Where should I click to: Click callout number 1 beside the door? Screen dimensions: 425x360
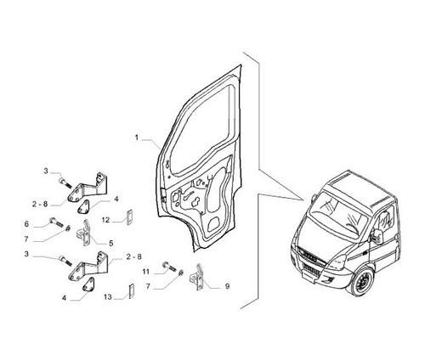[x=137, y=138]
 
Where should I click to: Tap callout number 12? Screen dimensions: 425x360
[x=105, y=220]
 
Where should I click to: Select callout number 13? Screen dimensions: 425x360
[x=108, y=297]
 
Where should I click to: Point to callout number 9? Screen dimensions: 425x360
[x=227, y=286]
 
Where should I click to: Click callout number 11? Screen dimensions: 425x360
[x=145, y=272]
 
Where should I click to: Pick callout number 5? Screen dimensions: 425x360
[x=111, y=243]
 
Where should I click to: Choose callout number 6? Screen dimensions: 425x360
[x=26, y=224]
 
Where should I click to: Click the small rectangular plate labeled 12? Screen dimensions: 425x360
[x=130, y=217]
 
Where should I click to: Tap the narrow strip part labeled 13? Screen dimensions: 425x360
[x=132, y=291]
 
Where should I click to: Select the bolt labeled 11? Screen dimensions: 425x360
[x=169, y=267]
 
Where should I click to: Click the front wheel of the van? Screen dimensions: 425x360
[x=363, y=282]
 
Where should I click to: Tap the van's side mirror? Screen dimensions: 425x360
[x=377, y=237]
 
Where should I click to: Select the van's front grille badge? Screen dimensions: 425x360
[x=310, y=254]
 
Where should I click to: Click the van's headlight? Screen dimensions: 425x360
[x=338, y=262]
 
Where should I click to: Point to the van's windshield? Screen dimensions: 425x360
[x=337, y=216]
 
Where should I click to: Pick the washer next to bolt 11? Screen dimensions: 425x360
[x=181, y=273]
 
